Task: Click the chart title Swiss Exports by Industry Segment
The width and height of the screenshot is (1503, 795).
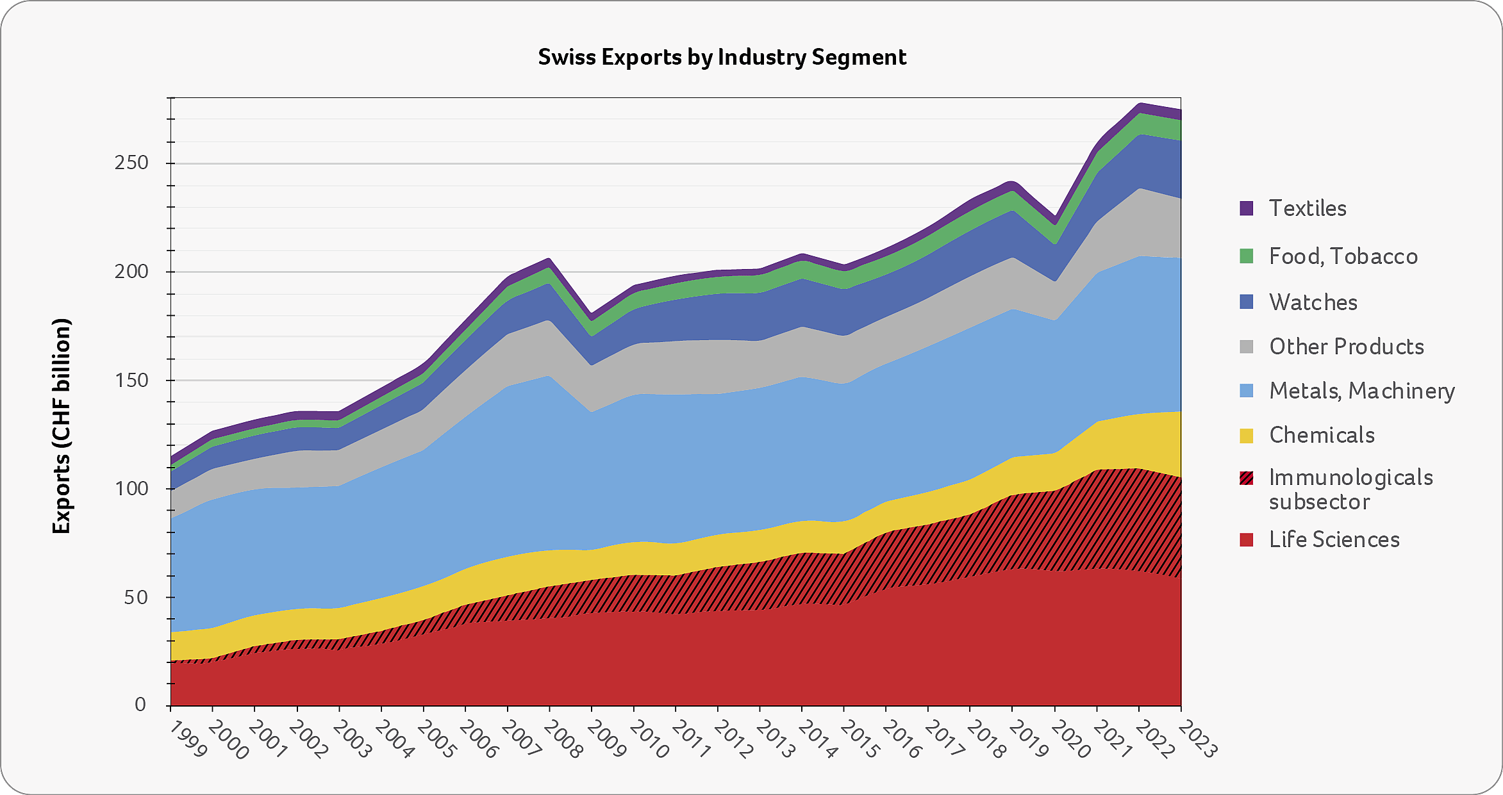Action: point(722,58)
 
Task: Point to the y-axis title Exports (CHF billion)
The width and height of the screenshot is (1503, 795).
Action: point(62,426)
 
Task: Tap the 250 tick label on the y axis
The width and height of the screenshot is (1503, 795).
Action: point(131,163)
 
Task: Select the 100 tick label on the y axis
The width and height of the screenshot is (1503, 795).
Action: point(131,489)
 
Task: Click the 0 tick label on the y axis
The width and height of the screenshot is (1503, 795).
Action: point(140,705)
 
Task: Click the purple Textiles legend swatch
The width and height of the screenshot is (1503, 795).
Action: point(1246,208)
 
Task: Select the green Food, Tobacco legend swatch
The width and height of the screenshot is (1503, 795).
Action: point(1246,256)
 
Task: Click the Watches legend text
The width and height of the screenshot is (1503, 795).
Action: point(1313,302)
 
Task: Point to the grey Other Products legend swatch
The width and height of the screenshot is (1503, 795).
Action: point(1246,347)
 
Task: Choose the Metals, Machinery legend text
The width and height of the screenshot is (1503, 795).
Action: point(1362,391)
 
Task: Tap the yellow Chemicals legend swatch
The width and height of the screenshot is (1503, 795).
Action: point(1246,436)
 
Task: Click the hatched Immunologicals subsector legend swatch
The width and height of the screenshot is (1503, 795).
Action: point(1246,478)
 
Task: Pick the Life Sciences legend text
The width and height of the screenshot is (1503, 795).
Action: point(1334,539)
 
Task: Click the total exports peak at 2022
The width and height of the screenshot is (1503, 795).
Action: point(1140,103)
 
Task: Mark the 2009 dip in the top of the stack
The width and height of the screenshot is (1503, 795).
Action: point(592,314)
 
